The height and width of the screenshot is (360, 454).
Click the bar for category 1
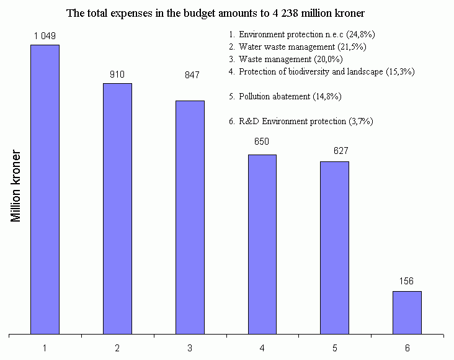tap(45, 189)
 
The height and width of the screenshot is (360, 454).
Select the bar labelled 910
tap(117, 209)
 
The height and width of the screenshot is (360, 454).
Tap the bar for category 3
tap(190, 217)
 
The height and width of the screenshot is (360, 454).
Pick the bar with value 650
tap(262, 244)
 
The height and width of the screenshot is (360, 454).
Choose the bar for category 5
tap(334, 248)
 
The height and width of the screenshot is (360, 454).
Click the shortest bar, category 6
tap(407, 312)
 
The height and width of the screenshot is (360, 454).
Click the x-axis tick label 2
tap(117, 348)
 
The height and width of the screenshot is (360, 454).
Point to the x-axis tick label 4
tap(262, 348)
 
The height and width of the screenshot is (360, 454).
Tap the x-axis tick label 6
tap(407, 348)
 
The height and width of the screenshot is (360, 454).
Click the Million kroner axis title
tap(16, 186)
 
